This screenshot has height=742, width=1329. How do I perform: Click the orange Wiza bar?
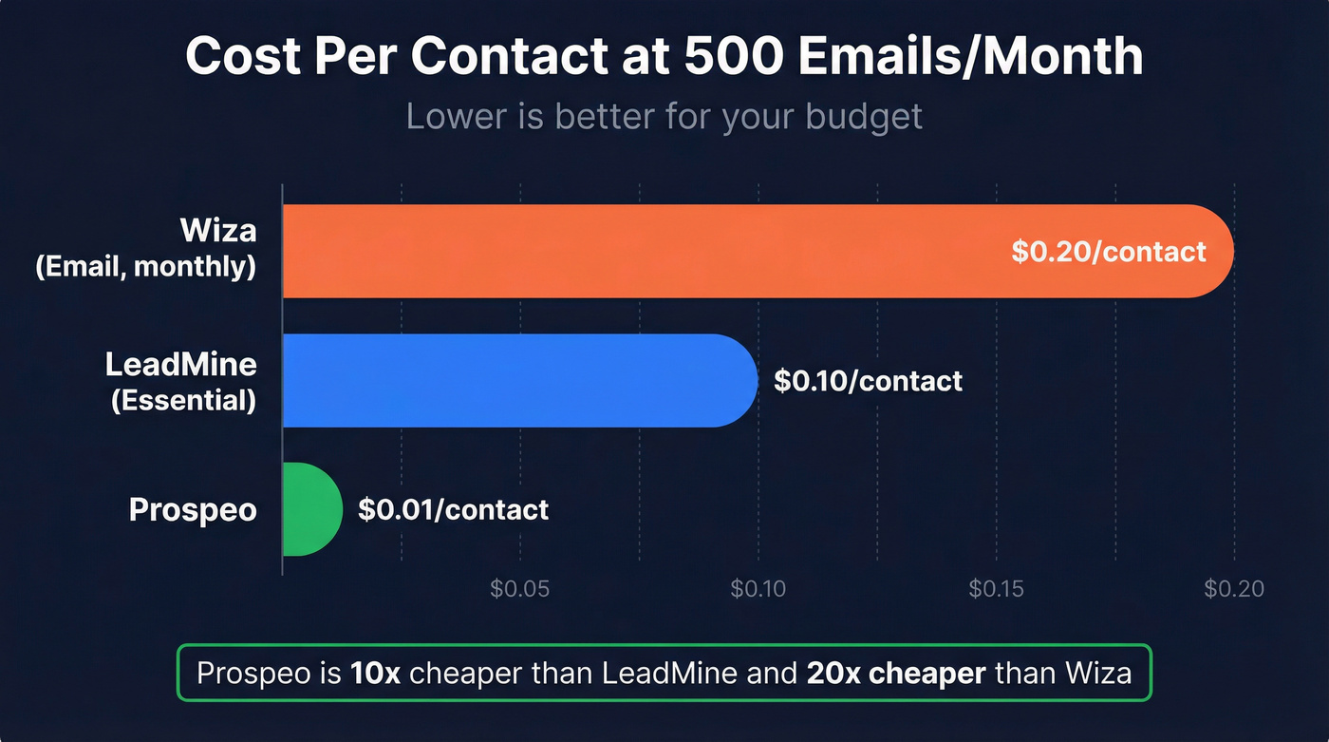[664, 252]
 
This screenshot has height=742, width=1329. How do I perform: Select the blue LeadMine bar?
[503, 380]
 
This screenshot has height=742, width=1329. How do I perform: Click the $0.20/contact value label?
[1108, 252]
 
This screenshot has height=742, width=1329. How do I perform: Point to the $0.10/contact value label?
[868, 381]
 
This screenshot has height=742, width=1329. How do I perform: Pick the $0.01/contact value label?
[453, 509]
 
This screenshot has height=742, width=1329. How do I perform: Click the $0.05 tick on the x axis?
[519, 589]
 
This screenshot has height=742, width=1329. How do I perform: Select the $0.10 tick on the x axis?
[758, 589]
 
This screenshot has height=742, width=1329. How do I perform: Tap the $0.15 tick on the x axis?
[996, 589]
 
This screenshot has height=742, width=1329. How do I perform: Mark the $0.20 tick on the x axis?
[1234, 589]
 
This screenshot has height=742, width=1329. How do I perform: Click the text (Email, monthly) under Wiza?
[145, 268]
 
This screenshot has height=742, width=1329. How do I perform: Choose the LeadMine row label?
[180, 365]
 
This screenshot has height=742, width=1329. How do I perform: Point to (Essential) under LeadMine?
[183, 401]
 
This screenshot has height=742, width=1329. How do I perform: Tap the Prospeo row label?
[193, 510]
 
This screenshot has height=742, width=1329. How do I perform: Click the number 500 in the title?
[737, 56]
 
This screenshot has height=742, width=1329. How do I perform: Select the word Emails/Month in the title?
[970, 56]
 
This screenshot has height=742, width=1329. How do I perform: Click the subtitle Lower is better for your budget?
[664, 117]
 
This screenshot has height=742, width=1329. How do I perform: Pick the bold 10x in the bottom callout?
[375, 674]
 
